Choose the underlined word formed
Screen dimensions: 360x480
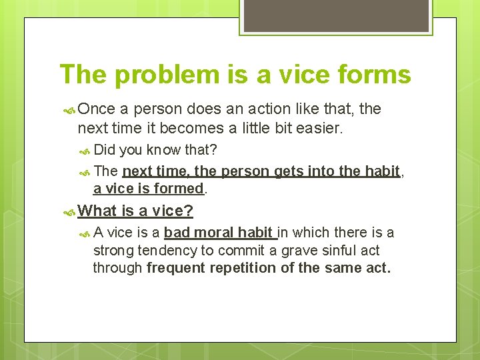coord(178,189)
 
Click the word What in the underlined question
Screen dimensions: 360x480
coord(97,211)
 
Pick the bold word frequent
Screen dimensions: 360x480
coord(177,268)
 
